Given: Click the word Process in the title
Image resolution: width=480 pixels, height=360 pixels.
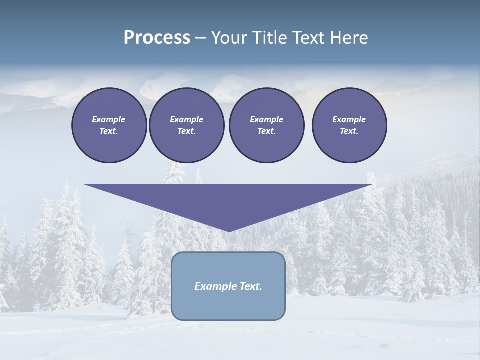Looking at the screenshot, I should [157, 38].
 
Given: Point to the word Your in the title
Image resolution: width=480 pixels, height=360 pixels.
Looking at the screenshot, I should [228, 38].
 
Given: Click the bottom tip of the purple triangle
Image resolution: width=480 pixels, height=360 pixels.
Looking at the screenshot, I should [228, 230].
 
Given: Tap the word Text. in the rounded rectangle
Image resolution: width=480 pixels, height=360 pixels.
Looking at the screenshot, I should [250, 286].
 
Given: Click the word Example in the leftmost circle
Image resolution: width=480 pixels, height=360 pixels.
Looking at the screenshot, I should [109, 119].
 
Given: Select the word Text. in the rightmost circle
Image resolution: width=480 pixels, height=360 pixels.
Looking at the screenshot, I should [349, 131].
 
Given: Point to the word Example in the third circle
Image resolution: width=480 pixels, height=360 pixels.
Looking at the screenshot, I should [266, 119].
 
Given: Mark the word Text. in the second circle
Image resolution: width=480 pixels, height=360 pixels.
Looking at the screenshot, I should [186, 131].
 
